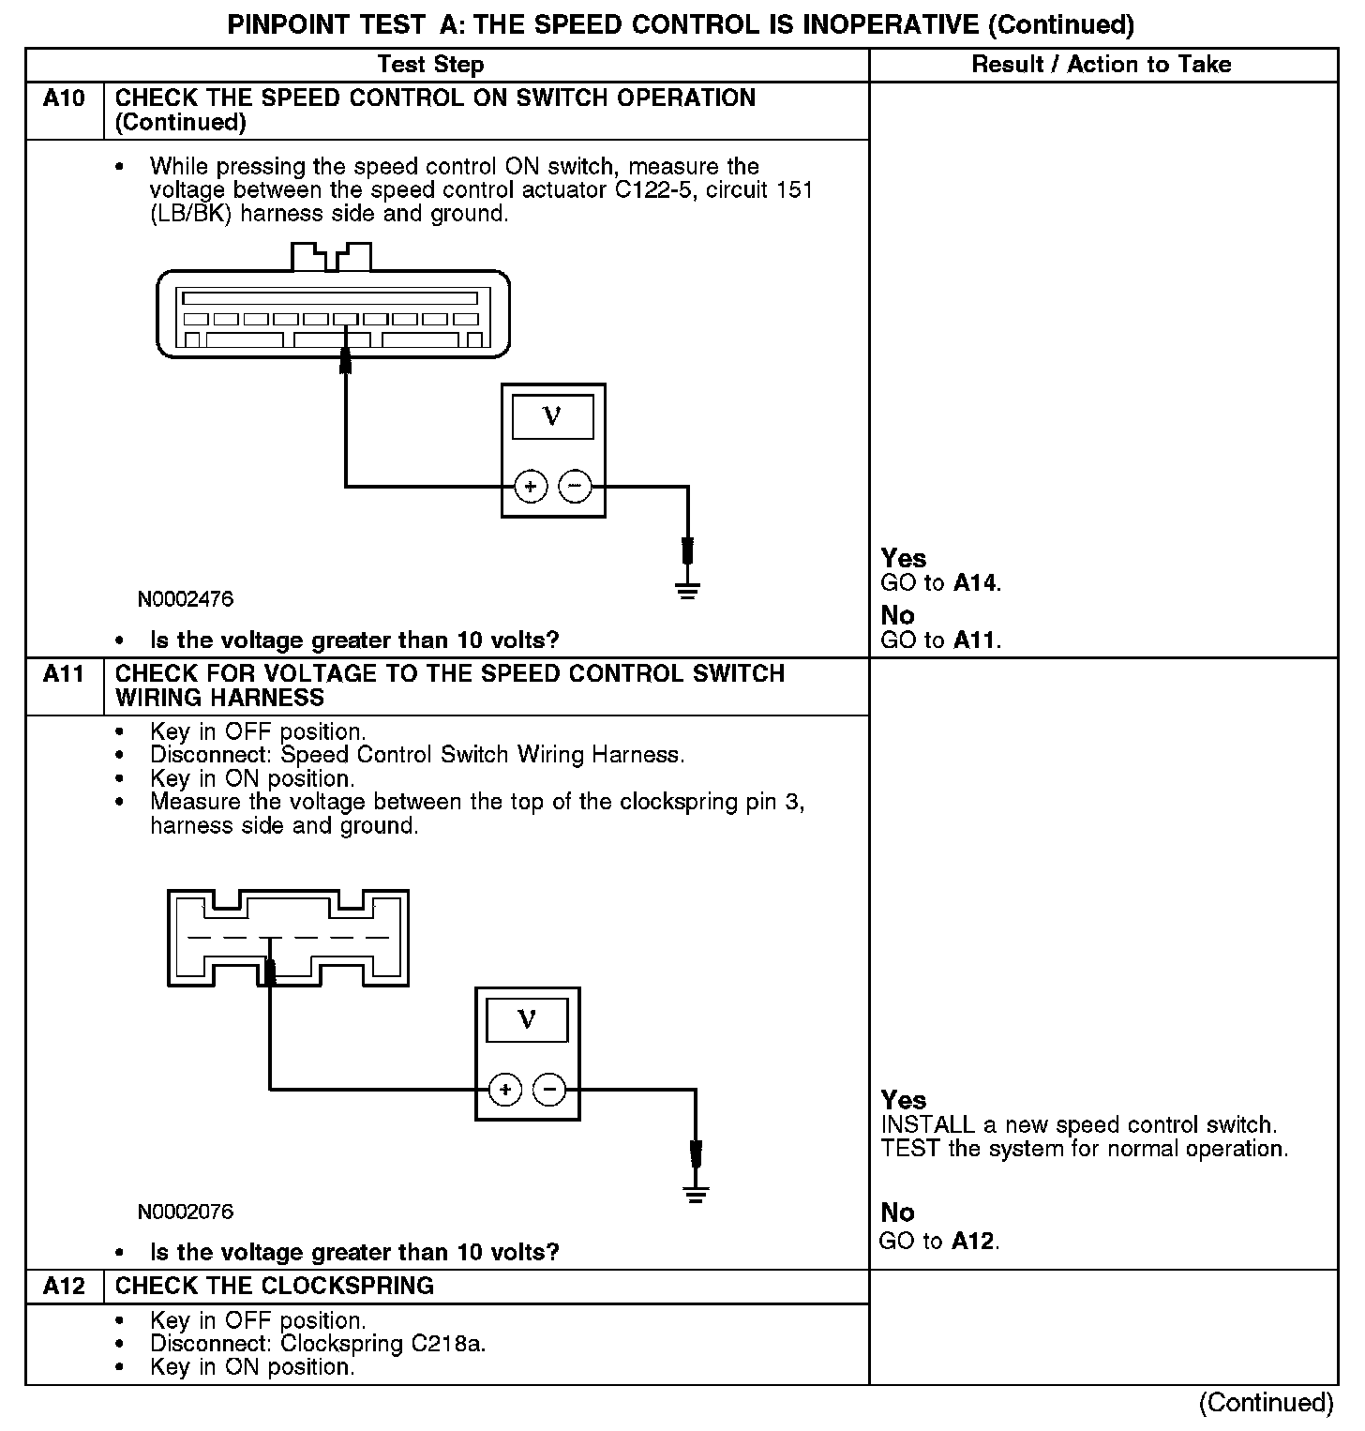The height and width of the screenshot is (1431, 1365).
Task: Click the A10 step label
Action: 64,98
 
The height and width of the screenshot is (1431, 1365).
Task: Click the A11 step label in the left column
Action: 64,674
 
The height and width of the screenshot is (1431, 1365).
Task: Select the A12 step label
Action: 64,1286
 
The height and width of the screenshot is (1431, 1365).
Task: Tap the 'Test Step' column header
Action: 430,65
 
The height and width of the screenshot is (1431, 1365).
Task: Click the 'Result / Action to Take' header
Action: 1102,65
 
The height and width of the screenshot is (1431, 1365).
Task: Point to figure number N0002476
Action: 186,599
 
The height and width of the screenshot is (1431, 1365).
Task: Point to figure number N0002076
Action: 186,1212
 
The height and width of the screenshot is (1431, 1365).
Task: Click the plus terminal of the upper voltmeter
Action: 531,487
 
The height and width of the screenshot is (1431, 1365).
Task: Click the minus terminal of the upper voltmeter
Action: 575,487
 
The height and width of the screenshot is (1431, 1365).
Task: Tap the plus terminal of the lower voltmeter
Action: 505,1090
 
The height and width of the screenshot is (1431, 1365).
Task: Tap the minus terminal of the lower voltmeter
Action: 549,1090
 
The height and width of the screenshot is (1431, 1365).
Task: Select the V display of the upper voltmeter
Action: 552,417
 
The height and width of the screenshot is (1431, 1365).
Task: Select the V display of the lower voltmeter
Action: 527,1020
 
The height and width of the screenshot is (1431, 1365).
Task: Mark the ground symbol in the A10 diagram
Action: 688,590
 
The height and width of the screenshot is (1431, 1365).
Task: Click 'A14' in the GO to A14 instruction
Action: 975,583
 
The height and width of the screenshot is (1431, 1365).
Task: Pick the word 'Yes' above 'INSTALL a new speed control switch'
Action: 904,1100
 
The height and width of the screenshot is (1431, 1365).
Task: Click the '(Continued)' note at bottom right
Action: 1266,1403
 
